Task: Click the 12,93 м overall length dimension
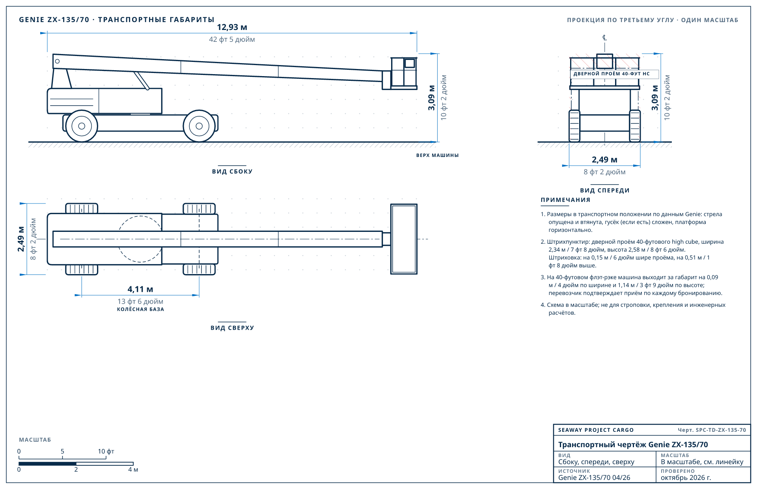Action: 232,27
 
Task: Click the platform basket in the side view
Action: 404,73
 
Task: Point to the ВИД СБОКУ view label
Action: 232,172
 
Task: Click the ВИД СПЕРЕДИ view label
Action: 605,190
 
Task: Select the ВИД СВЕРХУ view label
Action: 232,328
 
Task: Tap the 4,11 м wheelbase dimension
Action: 140,289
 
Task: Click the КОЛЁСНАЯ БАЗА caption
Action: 140,309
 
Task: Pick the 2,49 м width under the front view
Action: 604,160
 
